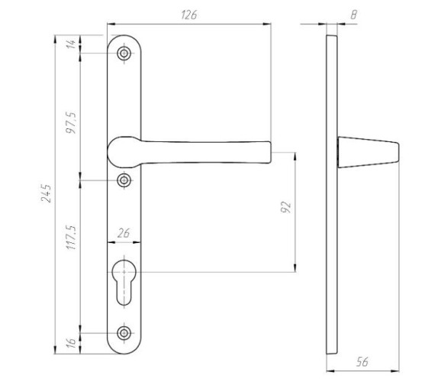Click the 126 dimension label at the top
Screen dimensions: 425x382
point(189,15)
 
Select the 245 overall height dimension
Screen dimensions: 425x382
point(46,193)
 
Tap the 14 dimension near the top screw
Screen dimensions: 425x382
point(71,44)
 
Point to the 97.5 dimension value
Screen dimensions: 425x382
point(71,123)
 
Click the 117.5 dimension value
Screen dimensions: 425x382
point(71,238)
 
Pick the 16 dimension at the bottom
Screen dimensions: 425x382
point(71,344)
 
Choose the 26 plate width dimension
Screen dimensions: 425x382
point(124,233)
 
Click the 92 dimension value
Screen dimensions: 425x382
point(286,207)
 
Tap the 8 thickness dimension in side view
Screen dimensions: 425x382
point(354,15)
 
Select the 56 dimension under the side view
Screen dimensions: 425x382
point(362,361)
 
